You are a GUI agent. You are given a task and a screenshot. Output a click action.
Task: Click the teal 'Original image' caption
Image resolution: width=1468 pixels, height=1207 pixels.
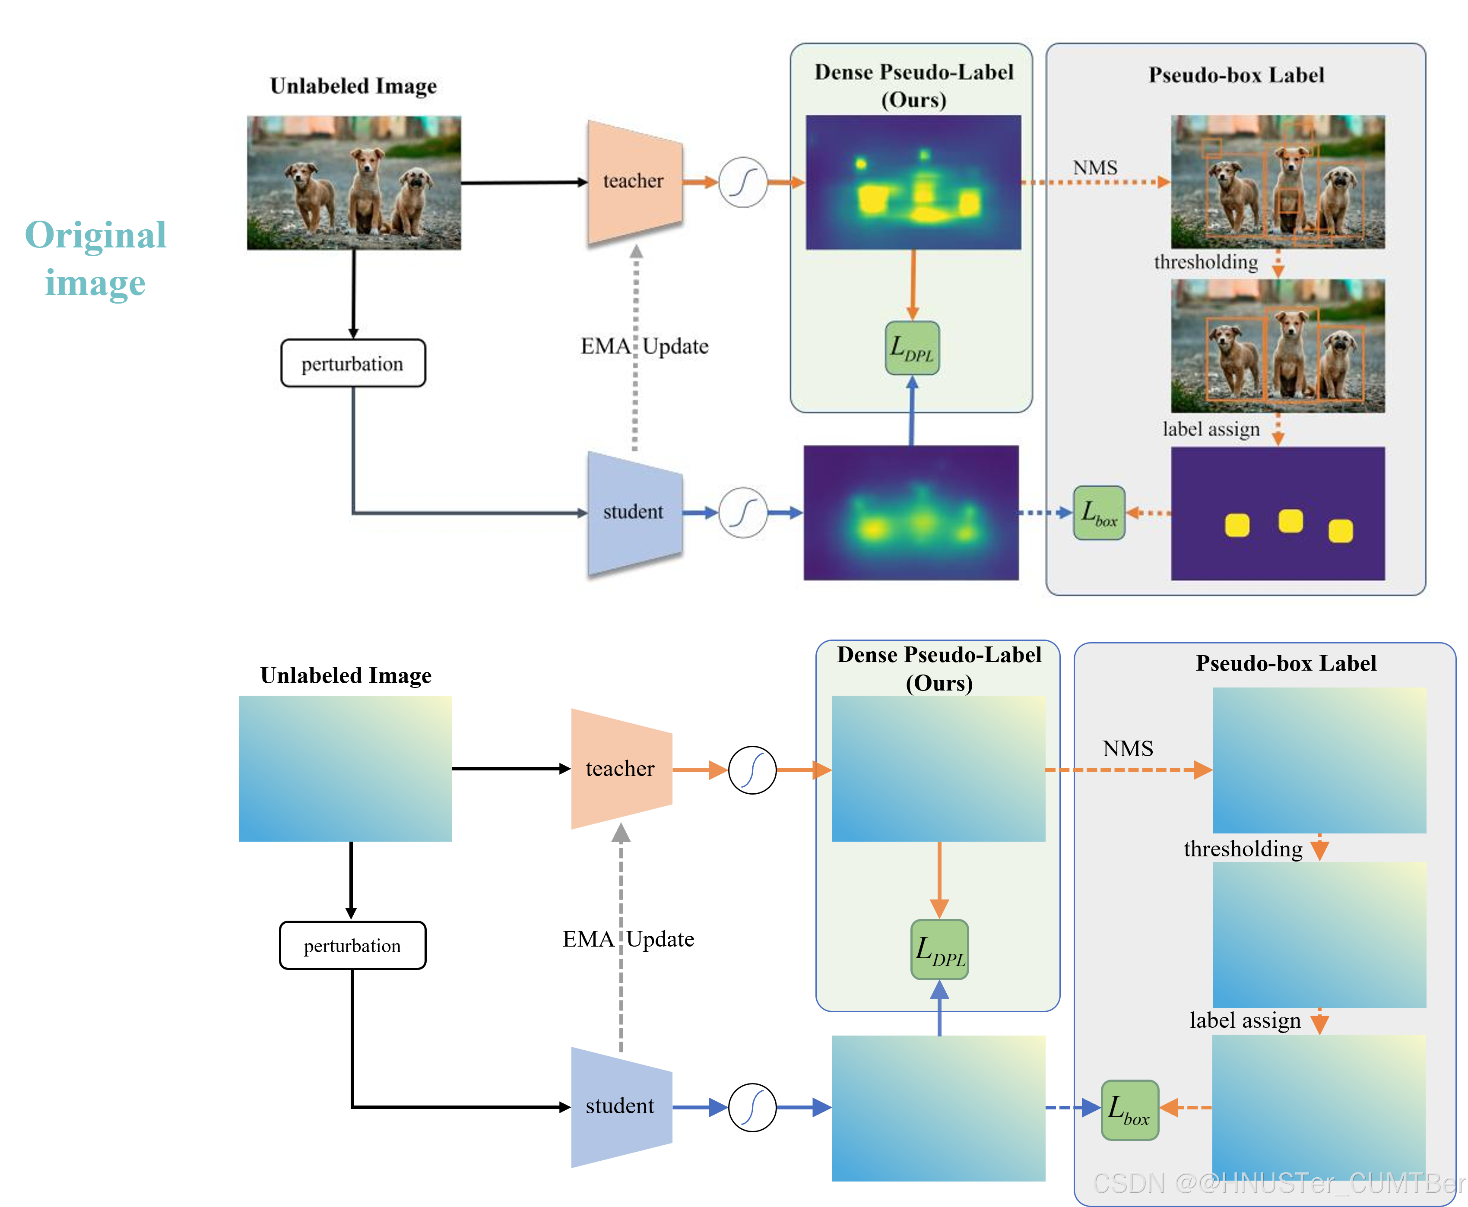coord(95,258)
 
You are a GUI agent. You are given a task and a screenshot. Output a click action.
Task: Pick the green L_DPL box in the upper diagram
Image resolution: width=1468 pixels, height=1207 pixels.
coord(913,348)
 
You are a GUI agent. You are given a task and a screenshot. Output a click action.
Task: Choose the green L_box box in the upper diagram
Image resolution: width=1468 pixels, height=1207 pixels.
coord(1099,513)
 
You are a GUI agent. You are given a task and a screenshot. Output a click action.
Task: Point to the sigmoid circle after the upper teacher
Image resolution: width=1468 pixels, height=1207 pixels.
coord(743,182)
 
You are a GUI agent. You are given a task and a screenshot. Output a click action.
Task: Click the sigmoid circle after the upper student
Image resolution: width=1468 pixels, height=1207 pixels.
coord(743,513)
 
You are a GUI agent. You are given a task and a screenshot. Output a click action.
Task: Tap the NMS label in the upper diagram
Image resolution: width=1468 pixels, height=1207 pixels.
coord(1095,168)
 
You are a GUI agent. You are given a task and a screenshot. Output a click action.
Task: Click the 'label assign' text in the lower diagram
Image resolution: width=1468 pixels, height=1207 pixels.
coord(1245,1020)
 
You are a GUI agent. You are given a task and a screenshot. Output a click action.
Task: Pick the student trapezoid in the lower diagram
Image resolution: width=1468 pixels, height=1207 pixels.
coord(621,1107)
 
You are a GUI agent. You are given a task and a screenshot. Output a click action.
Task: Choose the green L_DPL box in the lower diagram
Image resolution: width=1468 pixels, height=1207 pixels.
coord(939,950)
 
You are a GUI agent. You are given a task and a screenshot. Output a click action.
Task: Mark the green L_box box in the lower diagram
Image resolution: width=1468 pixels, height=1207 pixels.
coord(1130,1110)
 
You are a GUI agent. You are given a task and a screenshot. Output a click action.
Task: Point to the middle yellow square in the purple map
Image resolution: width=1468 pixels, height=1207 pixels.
coord(1290,521)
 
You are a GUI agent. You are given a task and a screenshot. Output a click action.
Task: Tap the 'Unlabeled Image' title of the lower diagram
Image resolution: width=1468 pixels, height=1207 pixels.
coord(346,675)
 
